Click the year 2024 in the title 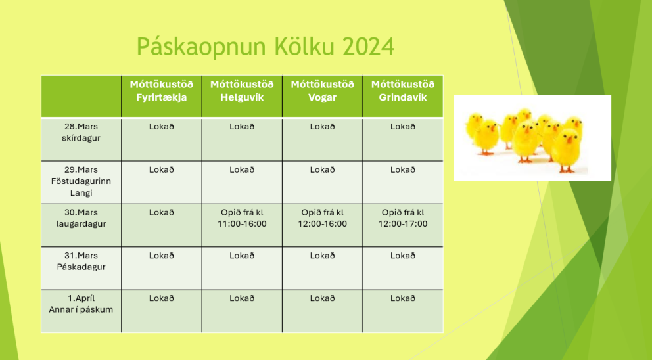click(x=368, y=47)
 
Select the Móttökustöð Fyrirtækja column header click(x=161, y=91)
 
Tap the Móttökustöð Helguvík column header click(x=242, y=91)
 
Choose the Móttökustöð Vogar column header click(x=322, y=91)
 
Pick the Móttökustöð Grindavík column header click(x=403, y=91)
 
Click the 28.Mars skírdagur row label click(x=81, y=132)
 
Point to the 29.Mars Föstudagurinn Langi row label click(x=81, y=181)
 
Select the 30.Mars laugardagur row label click(x=81, y=218)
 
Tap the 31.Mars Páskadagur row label click(x=81, y=261)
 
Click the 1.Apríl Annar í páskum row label click(x=81, y=304)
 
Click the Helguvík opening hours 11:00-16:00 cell click(x=242, y=218)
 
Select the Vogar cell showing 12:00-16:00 click(x=322, y=218)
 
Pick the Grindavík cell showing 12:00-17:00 click(x=403, y=218)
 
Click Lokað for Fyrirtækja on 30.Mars click(x=161, y=213)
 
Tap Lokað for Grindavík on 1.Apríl click(x=403, y=298)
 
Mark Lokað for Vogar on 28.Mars click(x=322, y=127)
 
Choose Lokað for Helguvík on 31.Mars click(x=242, y=256)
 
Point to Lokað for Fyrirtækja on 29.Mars click(x=161, y=170)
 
